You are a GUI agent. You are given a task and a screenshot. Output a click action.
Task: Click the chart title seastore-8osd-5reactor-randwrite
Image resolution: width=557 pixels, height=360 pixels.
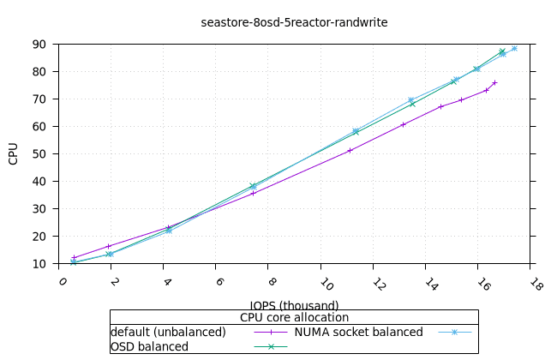294,22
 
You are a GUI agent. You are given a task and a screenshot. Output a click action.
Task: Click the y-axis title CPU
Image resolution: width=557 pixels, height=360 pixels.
14,154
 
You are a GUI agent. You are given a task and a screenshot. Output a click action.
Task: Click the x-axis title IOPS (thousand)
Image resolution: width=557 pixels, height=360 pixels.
294,305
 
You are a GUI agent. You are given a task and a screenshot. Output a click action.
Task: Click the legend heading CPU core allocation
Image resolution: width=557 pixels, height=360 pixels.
294,317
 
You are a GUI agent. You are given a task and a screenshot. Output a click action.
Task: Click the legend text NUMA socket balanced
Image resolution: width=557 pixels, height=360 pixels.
359,332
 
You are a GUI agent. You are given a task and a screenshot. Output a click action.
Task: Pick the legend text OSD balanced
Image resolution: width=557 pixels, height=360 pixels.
149,346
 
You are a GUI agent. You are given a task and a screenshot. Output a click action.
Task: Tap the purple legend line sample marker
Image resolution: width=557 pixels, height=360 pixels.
271,332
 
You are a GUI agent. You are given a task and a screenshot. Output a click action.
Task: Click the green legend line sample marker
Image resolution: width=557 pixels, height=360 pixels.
271,346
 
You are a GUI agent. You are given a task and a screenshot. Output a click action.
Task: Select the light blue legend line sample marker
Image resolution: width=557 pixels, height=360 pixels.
454,332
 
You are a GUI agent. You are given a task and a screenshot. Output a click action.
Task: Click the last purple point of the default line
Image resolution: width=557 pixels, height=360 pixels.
494,82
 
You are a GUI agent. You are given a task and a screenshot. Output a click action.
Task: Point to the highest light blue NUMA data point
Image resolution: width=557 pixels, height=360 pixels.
514,49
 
